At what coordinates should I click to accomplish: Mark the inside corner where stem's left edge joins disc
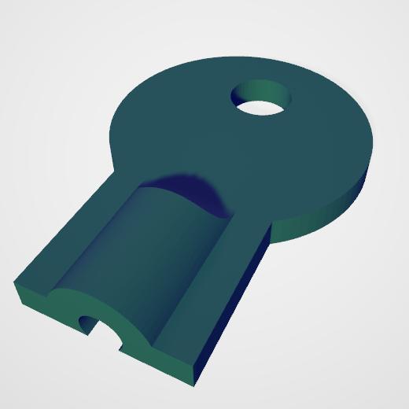coord(116,171)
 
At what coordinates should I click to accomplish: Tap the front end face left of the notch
coord(47,303)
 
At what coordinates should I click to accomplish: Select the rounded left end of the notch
coord(83,322)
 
